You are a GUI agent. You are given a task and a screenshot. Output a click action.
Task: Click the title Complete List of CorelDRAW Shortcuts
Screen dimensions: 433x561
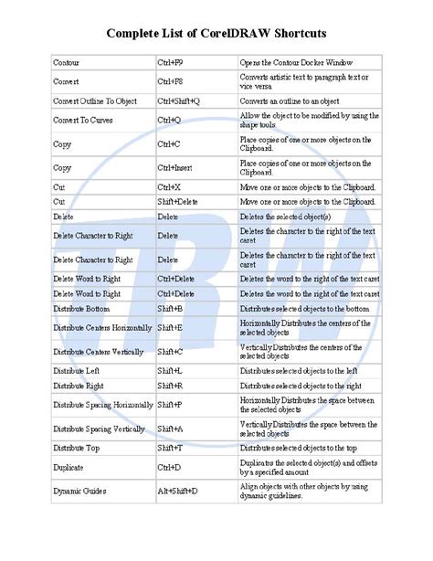(216, 33)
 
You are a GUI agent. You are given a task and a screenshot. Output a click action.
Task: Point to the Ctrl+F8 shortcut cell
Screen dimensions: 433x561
(172, 79)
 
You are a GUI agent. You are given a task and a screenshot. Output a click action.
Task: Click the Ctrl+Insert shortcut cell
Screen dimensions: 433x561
(176, 168)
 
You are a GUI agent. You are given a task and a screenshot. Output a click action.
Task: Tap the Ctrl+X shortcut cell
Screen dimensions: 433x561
(170, 186)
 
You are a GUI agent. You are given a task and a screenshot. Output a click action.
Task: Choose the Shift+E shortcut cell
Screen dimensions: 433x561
(170, 326)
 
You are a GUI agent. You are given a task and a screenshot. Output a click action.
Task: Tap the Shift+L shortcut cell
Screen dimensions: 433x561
(170, 370)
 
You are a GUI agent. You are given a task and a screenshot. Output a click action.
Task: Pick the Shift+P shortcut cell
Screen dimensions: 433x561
(170, 404)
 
